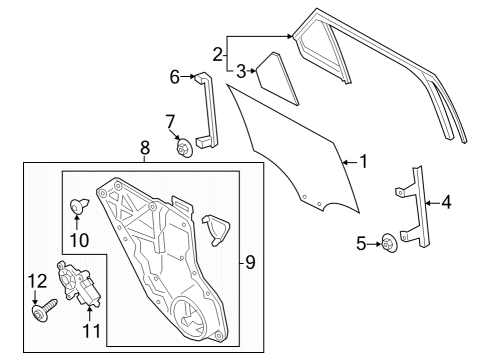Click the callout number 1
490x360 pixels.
364,160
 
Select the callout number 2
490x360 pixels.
218,53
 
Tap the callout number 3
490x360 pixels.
241,71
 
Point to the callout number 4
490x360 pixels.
446,203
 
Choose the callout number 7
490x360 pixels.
171,121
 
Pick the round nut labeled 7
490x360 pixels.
184,150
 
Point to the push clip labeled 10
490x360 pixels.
79,208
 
